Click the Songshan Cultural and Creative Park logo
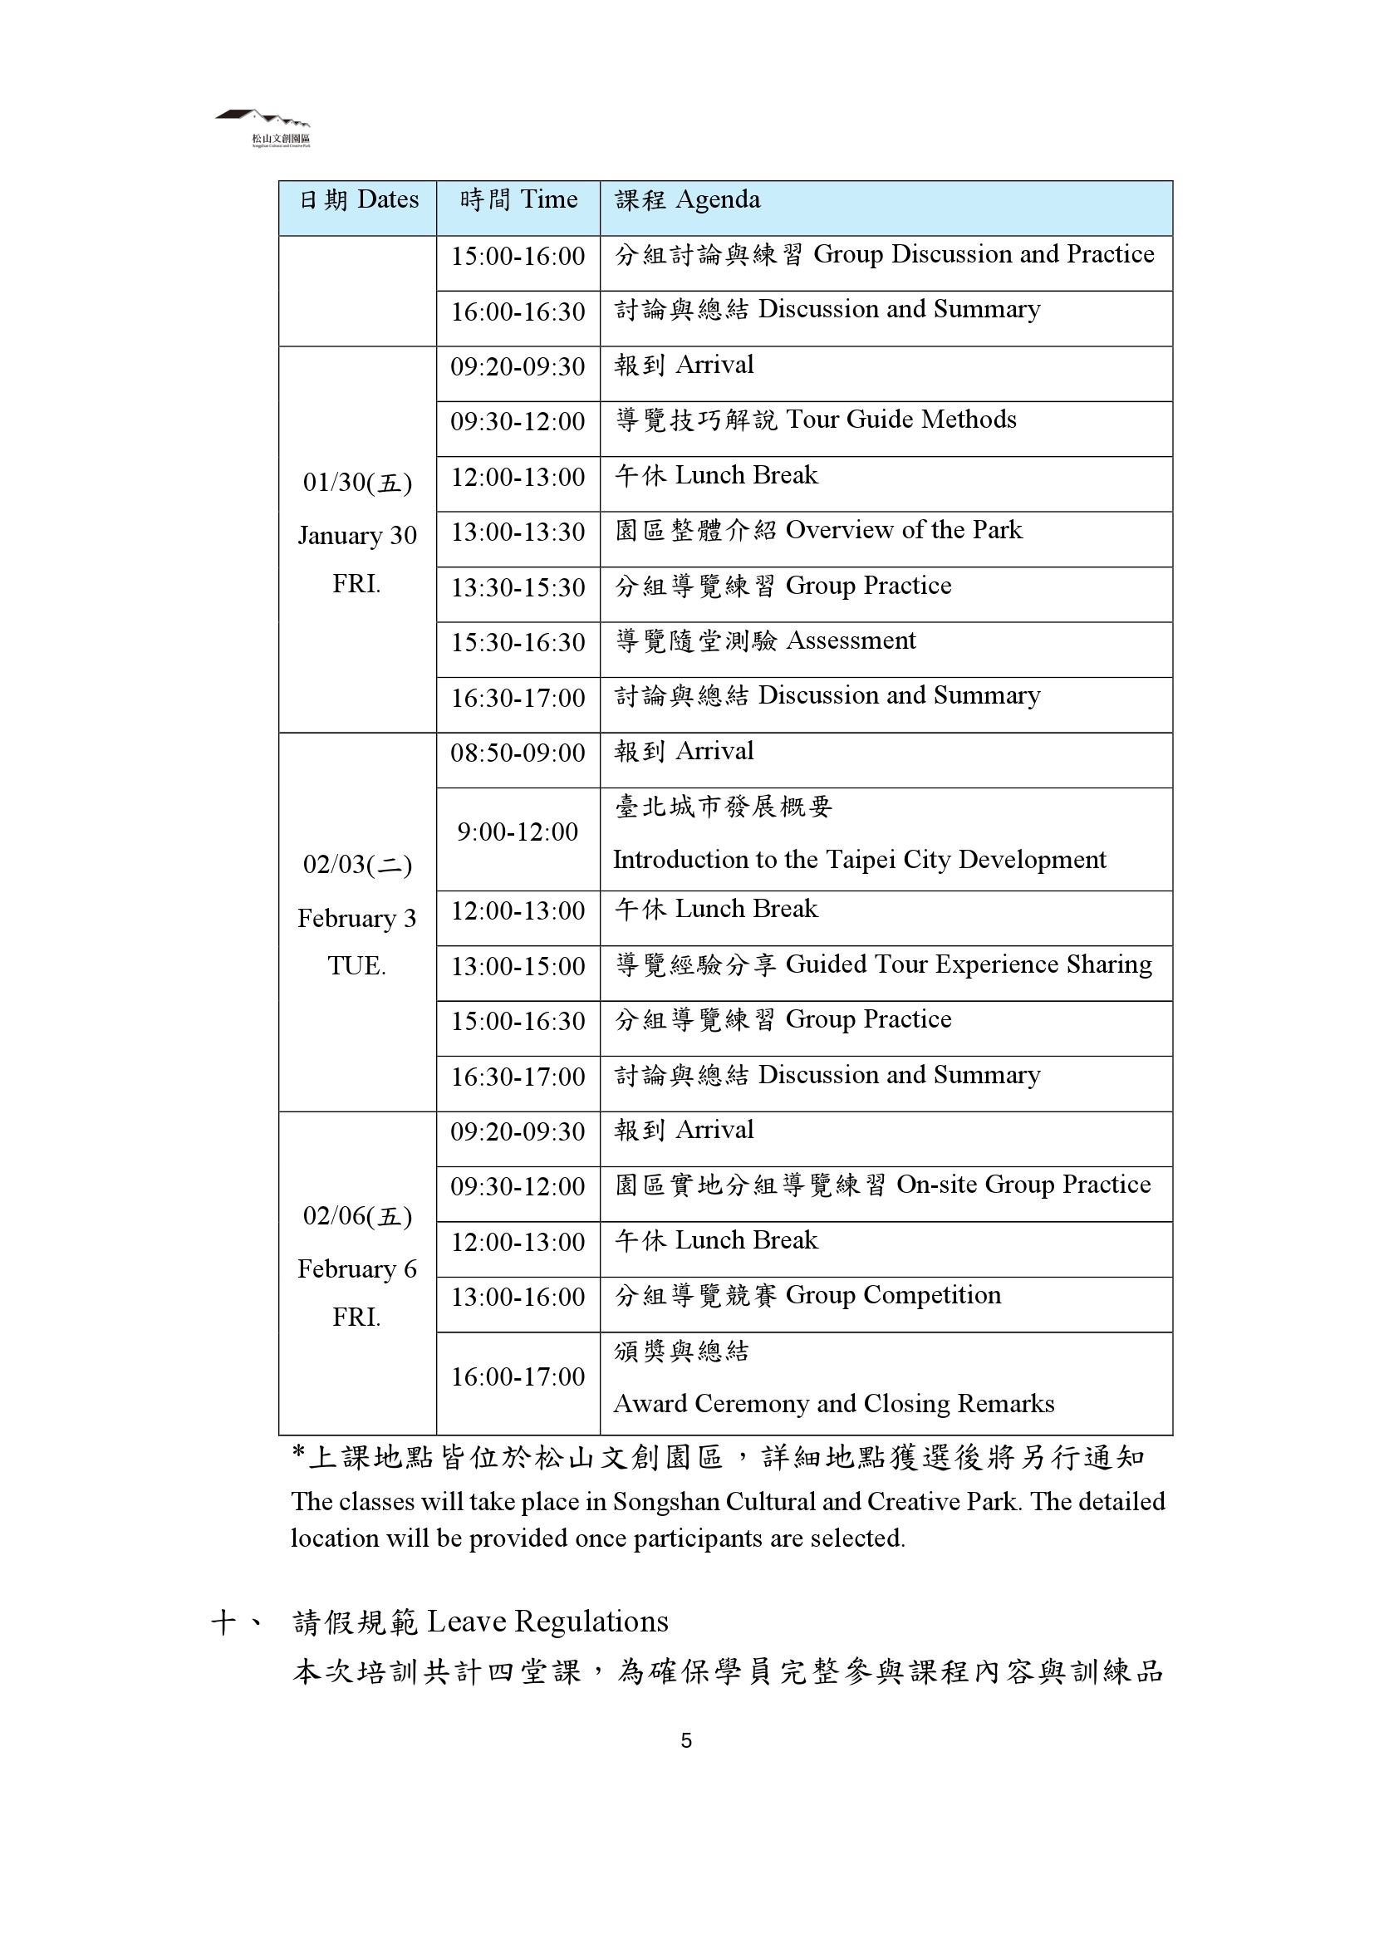pyautogui.click(x=263, y=127)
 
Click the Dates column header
pyautogui.click(x=359, y=200)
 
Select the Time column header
pyautogui.click(x=518, y=200)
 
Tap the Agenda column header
pyautogui.click(x=687, y=200)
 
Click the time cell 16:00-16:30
pyautogui.click(x=518, y=312)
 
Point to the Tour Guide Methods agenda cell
pyautogui.click(x=816, y=420)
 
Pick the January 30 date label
pyautogui.click(x=357, y=536)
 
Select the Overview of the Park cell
pyautogui.click(x=818, y=531)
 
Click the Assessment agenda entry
pyautogui.click(x=765, y=641)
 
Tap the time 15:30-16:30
pyautogui.click(x=518, y=643)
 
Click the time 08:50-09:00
pyautogui.click(x=518, y=753)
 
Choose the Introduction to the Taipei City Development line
pyautogui.click(x=859, y=861)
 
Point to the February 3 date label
pyautogui.click(x=357, y=919)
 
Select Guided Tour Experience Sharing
pyautogui.click(x=883, y=965)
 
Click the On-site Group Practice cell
pyautogui.click(x=882, y=1185)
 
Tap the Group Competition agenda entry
pyautogui.click(x=807, y=1296)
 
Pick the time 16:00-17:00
pyautogui.click(x=518, y=1376)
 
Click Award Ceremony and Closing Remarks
pyautogui.click(x=833, y=1404)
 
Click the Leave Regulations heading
pyautogui.click(x=480, y=1622)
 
